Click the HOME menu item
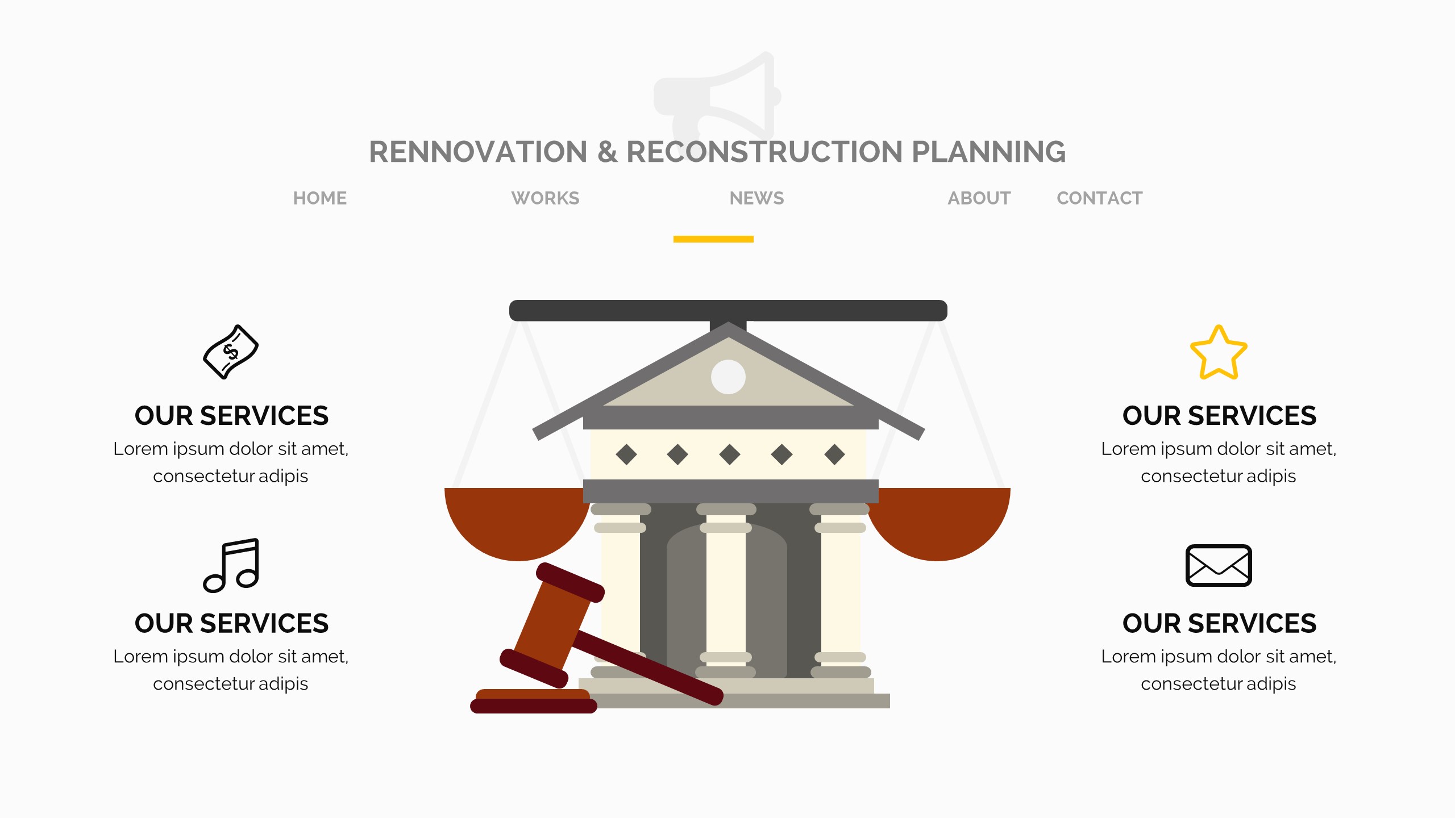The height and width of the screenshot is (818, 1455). pyautogui.click(x=319, y=198)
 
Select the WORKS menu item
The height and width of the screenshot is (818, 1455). pyautogui.click(x=545, y=198)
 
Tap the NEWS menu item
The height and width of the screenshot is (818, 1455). pyautogui.click(x=756, y=198)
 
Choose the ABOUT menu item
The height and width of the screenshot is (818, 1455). pyautogui.click(x=979, y=198)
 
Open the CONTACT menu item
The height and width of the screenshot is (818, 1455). pyautogui.click(x=1099, y=198)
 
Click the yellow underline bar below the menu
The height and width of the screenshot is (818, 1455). pyautogui.click(x=713, y=239)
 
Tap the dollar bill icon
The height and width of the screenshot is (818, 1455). pyautogui.click(x=231, y=352)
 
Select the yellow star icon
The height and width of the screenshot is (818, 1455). pyautogui.click(x=1219, y=353)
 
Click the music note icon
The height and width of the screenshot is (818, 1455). pyautogui.click(x=231, y=565)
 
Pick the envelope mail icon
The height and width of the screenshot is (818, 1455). pyautogui.click(x=1219, y=565)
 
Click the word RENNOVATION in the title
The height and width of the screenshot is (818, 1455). pyautogui.click(x=478, y=152)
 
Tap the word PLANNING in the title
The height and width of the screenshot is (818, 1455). pyautogui.click(x=988, y=152)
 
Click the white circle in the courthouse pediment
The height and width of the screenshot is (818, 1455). pyautogui.click(x=728, y=377)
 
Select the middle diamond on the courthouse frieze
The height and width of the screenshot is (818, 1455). pyautogui.click(x=729, y=454)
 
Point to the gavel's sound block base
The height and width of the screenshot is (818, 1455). pyautogui.click(x=533, y=702)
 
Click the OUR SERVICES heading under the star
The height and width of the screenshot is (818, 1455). pyautogui.click(x=1219, y=416)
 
